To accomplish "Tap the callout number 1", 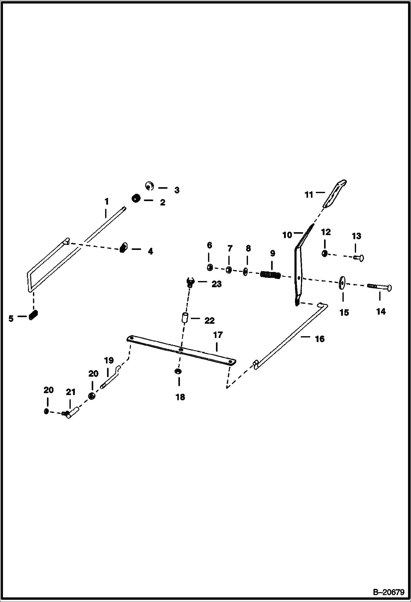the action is point(106,202).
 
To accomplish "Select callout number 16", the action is point(320,339).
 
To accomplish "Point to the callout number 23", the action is point(216,284).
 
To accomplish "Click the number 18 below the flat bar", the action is point(180,397).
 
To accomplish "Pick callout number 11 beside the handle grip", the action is point(309,195).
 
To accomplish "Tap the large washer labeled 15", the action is point(342,283).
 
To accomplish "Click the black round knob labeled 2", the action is point(136,198).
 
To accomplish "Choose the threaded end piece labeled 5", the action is point(33,315).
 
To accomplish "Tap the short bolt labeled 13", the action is point(359,258).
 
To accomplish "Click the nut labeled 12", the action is point(325,254).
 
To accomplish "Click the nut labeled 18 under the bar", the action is point(178,371).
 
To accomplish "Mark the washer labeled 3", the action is point(149,186).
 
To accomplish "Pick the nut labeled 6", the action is point(210,268).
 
